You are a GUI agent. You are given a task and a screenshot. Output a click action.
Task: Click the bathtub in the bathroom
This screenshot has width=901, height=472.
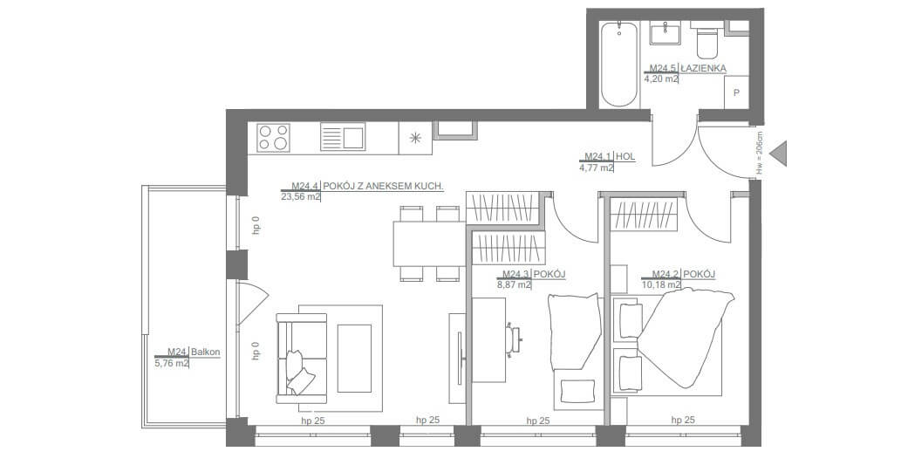click(x=619, y=65)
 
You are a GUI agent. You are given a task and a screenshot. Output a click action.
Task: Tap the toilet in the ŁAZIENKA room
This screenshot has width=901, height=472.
click(x=706, y=39)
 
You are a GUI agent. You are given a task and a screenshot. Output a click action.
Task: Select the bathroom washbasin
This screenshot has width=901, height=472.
click(x=665, y=33)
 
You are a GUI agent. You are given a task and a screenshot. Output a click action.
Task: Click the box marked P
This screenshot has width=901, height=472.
click(x=736, y=92)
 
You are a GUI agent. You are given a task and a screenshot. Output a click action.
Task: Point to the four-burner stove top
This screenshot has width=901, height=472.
click(x=272, y=138)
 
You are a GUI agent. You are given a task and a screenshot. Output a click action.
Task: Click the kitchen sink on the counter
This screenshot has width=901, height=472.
click(x=342, y=138)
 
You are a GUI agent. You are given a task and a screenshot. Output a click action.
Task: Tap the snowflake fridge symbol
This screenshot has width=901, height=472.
click(x=415, y=139)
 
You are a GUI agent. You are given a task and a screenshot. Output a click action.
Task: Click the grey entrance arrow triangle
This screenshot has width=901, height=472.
click(x=778, y=154)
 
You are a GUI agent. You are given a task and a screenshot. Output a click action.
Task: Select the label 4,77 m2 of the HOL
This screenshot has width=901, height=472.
click(x=597, y=168)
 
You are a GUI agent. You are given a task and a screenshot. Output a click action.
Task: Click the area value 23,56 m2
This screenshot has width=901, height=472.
click(x=301, y=196)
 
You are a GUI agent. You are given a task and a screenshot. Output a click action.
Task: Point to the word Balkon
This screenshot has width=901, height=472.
click(x=205, y=352)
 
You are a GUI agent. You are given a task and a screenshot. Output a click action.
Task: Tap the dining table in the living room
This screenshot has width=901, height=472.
click(x=429, y=243)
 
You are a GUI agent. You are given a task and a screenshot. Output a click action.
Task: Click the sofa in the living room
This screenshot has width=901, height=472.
click(x=302, y=359)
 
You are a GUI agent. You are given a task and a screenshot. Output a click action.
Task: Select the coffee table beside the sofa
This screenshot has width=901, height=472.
click(x=354, y=359)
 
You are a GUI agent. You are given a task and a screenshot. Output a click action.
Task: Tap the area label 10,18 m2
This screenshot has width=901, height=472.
click(x=661, y=284)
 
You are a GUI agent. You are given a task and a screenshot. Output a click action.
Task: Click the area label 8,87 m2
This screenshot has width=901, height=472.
click(x=513, y=284)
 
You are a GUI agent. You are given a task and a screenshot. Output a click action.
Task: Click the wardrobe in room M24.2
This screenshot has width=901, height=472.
click(x=644, y=215)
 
